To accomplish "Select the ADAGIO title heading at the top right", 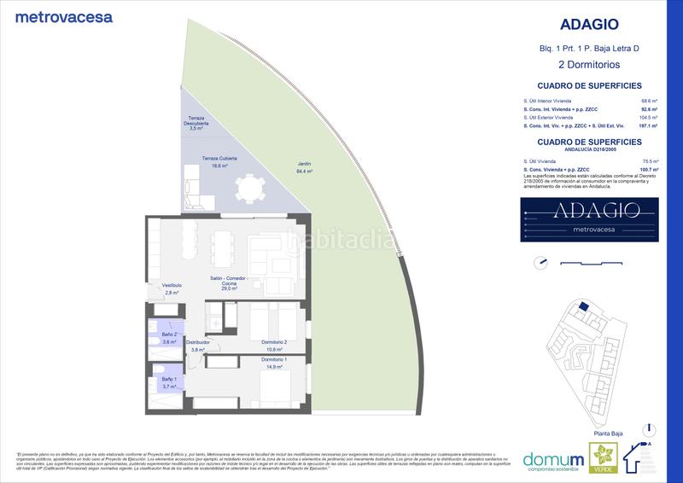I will click(x=579, y=26).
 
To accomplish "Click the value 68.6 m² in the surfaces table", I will click(x=653, y=101).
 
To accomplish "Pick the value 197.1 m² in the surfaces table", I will click(x=652, y=125).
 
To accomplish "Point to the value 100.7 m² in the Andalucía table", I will click(x=652, y=169).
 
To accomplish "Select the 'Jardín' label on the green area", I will click(x=305, y=167).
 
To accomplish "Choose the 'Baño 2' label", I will click(x=168, y=338).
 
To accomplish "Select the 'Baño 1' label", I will click(x=168, y=381).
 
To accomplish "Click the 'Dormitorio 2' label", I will click(x=273, y=345).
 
